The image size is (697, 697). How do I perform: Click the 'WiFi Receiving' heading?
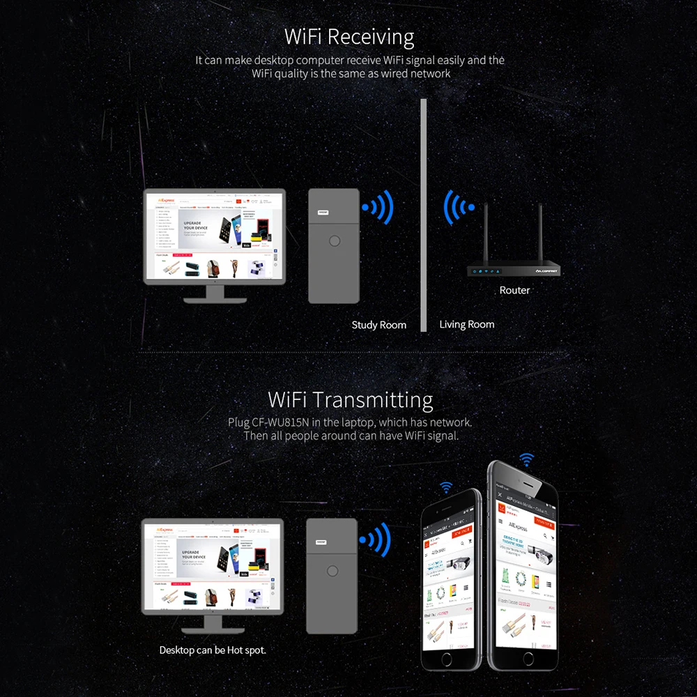(349, 36)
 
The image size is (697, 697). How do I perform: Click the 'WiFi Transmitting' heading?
(350, 400)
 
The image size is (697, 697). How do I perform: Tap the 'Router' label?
(514, 290)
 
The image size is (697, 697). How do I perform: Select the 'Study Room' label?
(378, 325)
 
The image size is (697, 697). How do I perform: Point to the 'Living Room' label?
(467, 324)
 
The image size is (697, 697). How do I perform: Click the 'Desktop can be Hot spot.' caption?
(213, 650)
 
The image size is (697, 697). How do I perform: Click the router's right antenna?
(540, 233)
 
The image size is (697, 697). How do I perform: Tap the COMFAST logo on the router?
(543, 271)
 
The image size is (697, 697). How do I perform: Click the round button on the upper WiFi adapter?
(335, 242)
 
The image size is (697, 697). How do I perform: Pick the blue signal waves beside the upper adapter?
(379, 207)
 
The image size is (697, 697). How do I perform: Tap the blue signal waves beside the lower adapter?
(376, 539)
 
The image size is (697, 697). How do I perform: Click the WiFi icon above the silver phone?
(446, 487)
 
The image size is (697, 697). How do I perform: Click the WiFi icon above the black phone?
(526, 459)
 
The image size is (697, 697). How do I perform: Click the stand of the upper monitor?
(214, 293)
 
